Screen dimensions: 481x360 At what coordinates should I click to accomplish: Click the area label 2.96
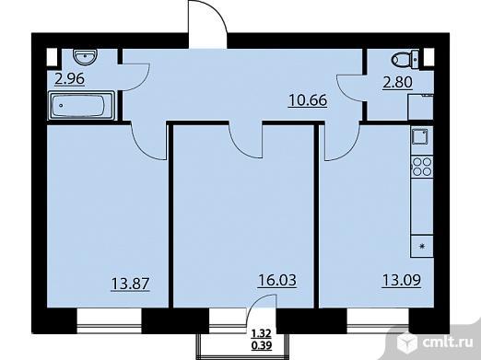click(x=70, y=79)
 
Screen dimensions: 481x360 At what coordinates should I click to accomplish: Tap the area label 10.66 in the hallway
click(x=308, y=100)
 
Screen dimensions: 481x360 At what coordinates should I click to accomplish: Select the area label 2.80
click(x=397, y=82)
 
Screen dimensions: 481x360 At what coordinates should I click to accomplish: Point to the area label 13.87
click(x=130, y=284)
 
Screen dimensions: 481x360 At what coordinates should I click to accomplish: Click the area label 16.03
click(x=277, y=280)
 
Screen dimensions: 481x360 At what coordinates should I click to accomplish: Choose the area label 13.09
click(x=401, y=280)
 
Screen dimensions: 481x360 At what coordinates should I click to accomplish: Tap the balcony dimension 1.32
click(x=262, y=333)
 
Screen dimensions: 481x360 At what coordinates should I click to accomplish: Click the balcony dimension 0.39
click(x=262, y=346)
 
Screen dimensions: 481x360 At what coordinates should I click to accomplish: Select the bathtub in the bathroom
click(x=81, y=106)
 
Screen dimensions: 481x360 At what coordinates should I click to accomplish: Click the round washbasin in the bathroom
click(x=86, y=56)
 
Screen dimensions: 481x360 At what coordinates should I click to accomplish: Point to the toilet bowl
click(x=405, y=59)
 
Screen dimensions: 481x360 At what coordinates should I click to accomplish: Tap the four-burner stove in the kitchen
click(x=422, y=167)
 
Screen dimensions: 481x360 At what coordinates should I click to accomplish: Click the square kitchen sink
click(x=420, y=136)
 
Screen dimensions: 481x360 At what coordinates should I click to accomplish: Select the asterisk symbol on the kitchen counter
click(x=423, y=246)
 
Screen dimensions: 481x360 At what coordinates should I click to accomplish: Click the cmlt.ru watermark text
click(x=447, y=343)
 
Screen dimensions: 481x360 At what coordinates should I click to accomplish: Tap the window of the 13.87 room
click(x=109, y=321)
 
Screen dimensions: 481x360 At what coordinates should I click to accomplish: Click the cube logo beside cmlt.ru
click(x=407, y=342)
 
